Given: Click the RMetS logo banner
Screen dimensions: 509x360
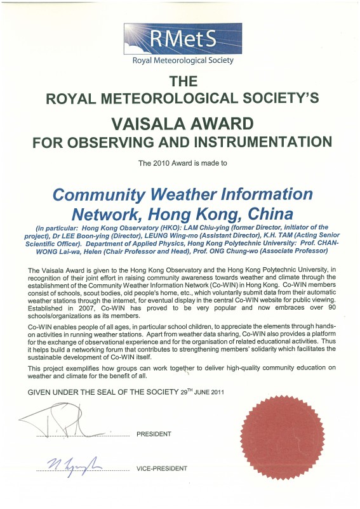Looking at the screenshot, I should pos(180,37).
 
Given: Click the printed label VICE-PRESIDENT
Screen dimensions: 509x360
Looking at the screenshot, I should pos(162,468).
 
